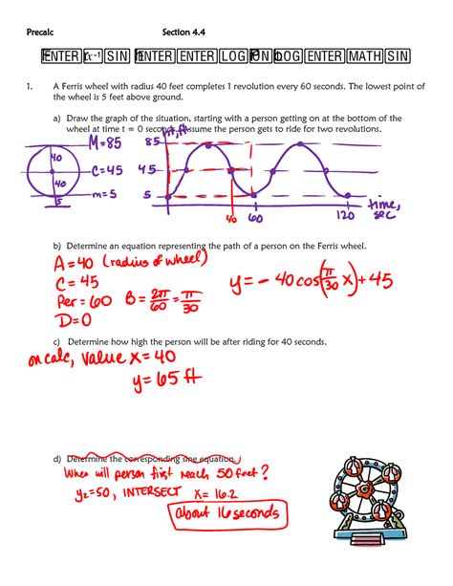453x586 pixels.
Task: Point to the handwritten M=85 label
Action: coord(105,142)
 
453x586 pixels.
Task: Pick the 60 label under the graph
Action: coord(255,218)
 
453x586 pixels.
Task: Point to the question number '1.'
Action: coord(30,86)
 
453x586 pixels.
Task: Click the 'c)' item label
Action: coord(57,342)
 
